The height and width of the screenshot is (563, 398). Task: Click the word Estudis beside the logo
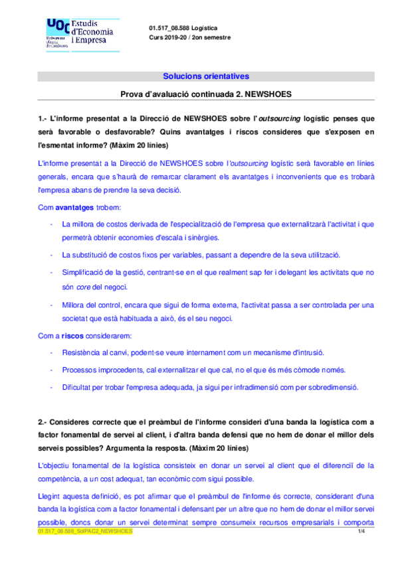[x=93, y=23]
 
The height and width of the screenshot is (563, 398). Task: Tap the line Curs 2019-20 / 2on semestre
[x=191, y=37]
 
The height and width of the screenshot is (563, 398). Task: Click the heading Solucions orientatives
[x=206, y=76]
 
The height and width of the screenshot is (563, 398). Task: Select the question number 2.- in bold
[x=44, y=421]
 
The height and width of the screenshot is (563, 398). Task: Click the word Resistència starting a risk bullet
[x=80, y=352]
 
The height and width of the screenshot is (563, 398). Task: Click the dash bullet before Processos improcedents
[x=52, y=369]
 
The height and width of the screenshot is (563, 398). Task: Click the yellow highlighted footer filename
[x=85, y=532]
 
